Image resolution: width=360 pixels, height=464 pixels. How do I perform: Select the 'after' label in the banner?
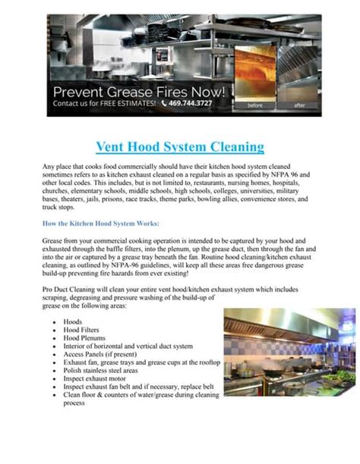(299, 106)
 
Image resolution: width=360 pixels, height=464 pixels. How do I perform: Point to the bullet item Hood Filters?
(83, 330)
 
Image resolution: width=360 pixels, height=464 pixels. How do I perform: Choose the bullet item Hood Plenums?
(85, 338)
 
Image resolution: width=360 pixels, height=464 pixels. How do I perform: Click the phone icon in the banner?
(163, 102)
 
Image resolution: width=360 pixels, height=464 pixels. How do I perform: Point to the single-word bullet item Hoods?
(74, 321)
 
